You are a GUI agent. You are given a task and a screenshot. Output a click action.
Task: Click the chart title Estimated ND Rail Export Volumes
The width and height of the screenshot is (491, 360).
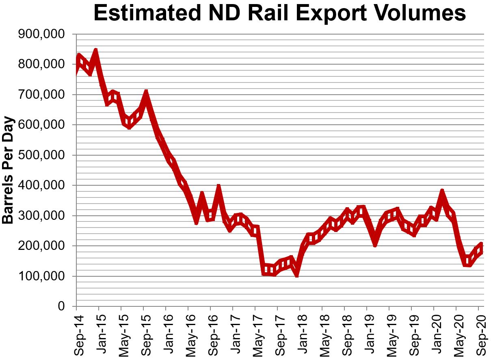[x=280, y=14]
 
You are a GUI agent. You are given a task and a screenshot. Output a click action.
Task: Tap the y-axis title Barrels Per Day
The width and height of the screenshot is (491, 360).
[x=8, y=171]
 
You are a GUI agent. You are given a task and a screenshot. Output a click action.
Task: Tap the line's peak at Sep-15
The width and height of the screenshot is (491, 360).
[x=146, y=93]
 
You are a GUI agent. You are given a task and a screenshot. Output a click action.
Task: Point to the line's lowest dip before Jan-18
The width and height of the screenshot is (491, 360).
[x=297, y=274]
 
